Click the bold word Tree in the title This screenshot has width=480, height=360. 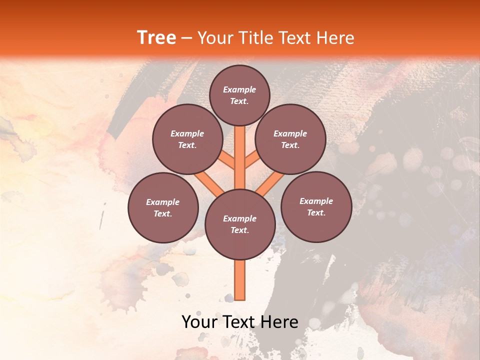(156, 38)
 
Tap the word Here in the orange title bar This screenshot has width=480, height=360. (334, 38)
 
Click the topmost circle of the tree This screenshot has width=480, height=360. (239, 95)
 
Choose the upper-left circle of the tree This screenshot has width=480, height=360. (187, 139)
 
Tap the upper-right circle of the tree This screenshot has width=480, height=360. (290, 139)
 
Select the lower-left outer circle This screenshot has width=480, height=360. (163, 207)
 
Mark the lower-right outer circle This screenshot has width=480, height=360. (316, 206)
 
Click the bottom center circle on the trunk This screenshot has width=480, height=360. (240, 224)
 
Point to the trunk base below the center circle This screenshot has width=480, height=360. (240, 280)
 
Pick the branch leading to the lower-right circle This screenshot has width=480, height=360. (270, 183)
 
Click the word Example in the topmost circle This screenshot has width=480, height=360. (239, 89)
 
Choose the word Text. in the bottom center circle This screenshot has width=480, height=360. (239, 230)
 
